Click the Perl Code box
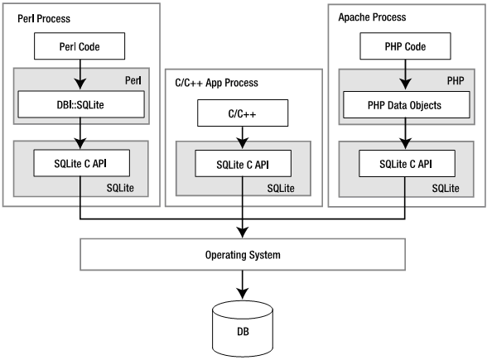80,46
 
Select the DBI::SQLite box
80,104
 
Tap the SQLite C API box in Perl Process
80,163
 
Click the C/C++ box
242,112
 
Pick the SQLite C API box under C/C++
242,163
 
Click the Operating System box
243,255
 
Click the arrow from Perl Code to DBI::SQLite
80,75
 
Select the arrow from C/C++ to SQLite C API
242,137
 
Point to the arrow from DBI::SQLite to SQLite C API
80,133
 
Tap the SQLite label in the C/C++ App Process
295,190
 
